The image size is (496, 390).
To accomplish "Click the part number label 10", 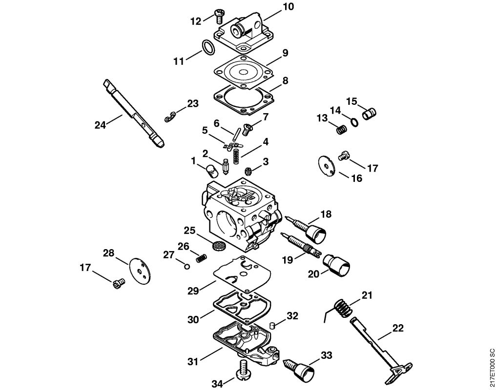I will (x=289, y=7).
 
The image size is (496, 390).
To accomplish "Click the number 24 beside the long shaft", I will (x=101, y=125).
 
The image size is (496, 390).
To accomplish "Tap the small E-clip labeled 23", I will (x=170, y=117).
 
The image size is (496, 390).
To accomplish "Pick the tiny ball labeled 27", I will (x=186, y=266).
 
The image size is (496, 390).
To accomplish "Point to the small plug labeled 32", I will (x=274, y=325).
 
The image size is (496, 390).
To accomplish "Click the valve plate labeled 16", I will (x=326, y=164).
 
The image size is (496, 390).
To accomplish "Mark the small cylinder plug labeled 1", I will (x=211, y=171).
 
